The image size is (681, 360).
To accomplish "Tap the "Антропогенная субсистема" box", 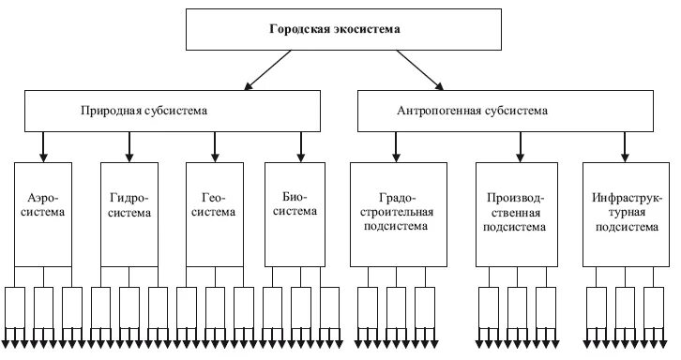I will (x=512, y=111).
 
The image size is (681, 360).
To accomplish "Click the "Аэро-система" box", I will (x=43, y=213).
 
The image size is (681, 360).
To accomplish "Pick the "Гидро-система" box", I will (x=129, y=213).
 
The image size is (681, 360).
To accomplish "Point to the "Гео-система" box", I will (x=215, y=213).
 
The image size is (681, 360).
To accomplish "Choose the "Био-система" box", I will (x=300, y=213).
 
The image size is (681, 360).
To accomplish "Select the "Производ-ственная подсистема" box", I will (x=517, y=213).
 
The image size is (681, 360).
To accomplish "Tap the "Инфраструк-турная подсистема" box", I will (x=620, y=213).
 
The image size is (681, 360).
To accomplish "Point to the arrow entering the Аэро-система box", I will (x=43, y=146).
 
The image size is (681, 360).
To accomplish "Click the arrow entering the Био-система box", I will (x=300, y=146).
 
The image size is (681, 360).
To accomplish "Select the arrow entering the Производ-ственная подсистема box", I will (x=518, y=146).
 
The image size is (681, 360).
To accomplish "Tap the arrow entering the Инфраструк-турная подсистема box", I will (x=620, y=146).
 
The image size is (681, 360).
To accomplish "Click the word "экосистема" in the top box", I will (x=369, y=30).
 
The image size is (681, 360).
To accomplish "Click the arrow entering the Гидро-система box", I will (x=129, y=146).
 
